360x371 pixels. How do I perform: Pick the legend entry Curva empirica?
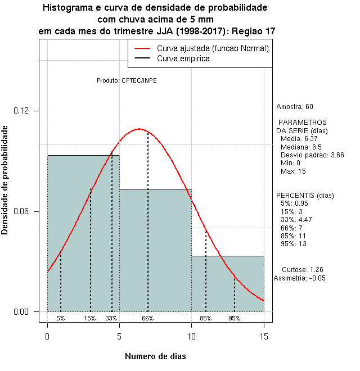click(x=183, y=58)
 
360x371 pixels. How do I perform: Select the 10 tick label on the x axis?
click(x=191, y=336)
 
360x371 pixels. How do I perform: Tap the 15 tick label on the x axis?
click(x=263, y=336)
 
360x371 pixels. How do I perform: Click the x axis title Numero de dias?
click(x=155, y=356)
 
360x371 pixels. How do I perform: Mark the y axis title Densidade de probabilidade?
click(x=5, y=179)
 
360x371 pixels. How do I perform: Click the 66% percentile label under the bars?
click(x=148, y=318)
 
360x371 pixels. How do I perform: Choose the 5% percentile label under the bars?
click(x=61, y=318)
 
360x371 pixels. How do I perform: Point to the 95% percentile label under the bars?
click(x=235, y=318)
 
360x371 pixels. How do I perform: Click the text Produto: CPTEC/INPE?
click(x=127, y=80)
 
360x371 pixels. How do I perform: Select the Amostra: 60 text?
click(x=295, y=107)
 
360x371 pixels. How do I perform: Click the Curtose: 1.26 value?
click(x=302, y=269)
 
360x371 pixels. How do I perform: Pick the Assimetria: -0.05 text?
click(x=300, y=278)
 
